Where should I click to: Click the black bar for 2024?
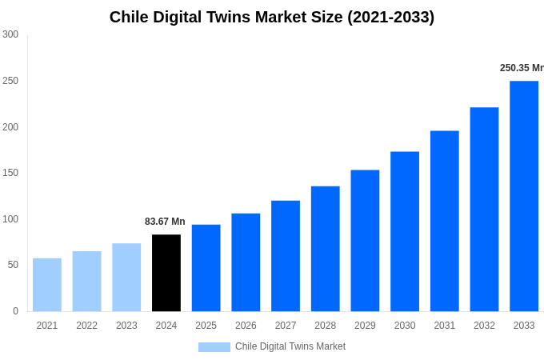tap(166, 273)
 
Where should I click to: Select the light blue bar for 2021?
tap(47, 285)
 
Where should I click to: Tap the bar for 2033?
tap(524, 196)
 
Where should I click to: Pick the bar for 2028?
tap(326, 249)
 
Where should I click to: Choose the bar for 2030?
tap(405, 231)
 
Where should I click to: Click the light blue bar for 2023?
tap(126, 278)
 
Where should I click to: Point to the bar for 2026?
tap(246, 262)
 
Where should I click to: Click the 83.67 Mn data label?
tap(165, 222)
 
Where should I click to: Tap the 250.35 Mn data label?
tap(522, 68)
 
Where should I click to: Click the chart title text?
tap(272, 17)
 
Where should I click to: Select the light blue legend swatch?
tap(214, 347)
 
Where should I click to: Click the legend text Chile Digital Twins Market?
tap(290, 346)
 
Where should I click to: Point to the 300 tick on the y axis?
tap(10, 34)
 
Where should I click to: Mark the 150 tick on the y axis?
tap(10, 173)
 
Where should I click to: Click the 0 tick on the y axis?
tap(15, 311)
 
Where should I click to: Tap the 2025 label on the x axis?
tap(206, 326)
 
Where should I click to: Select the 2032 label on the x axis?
tap(484, 326)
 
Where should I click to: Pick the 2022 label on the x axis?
tap(86, 326)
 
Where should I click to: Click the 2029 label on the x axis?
tap(365, 326)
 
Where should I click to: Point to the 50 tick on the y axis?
tap(13, 265)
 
